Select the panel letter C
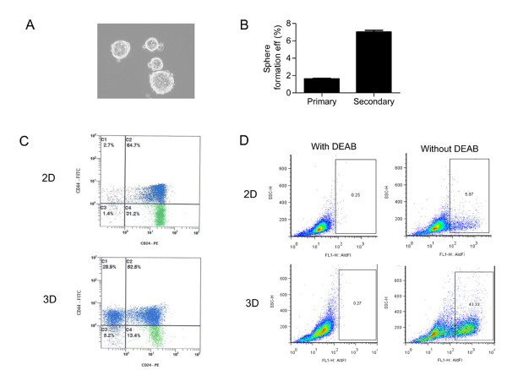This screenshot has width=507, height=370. tap(31, 139)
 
